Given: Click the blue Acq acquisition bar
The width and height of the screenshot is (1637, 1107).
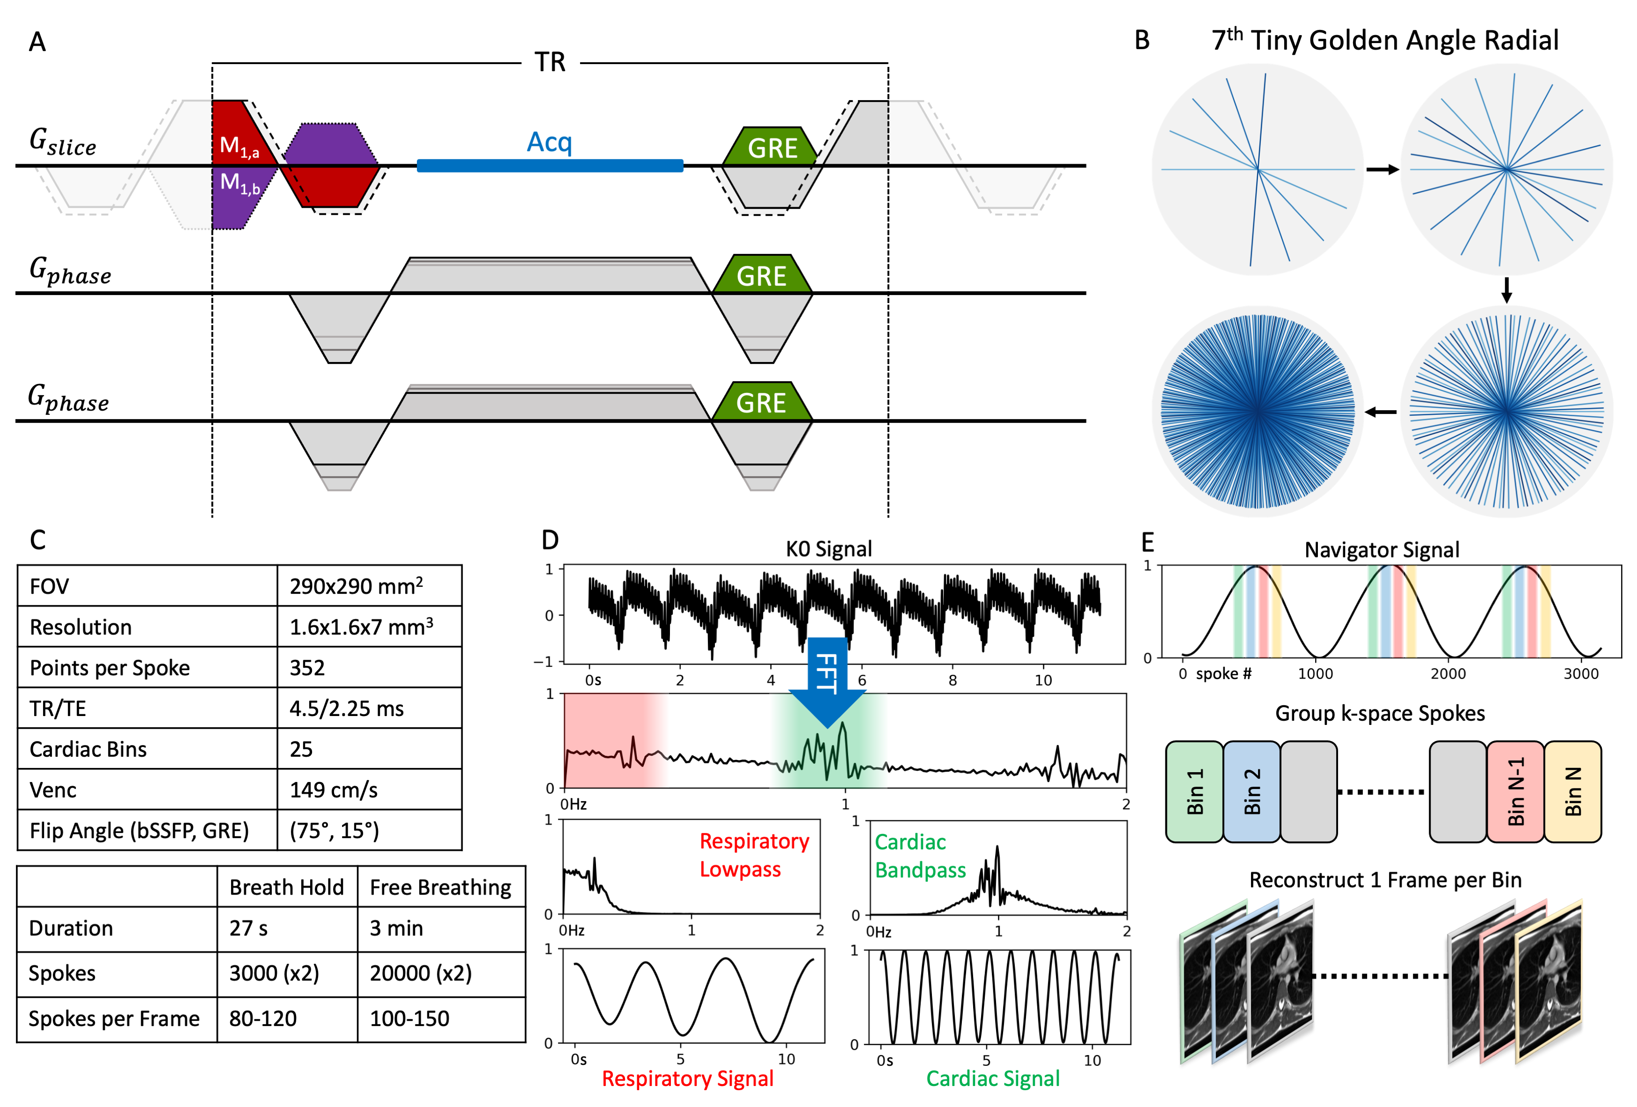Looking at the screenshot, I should click(x=549, y=166).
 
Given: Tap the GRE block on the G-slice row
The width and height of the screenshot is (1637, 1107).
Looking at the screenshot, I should click(x=772, y=147).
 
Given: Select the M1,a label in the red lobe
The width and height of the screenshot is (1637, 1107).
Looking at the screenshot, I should click(x=239, y=146).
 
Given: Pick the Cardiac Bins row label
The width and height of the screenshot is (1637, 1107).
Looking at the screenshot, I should click(x=88, y=749).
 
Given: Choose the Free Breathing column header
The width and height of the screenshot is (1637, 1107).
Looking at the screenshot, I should click(x=440, y=887).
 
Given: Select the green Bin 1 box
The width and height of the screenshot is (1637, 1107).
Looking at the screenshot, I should click(x=1194, y=791).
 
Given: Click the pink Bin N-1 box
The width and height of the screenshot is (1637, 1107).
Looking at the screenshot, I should click(x=1515, y=791).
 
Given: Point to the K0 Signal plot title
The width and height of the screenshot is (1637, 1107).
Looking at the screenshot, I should click(x=829, y=549).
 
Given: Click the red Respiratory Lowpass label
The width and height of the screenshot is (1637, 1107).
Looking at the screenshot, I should click(x=754, y=855).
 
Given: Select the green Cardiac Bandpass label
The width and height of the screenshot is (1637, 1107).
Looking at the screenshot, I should click(x=920, y=855).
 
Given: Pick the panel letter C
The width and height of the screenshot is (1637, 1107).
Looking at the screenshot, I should click(x=37, y=540).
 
